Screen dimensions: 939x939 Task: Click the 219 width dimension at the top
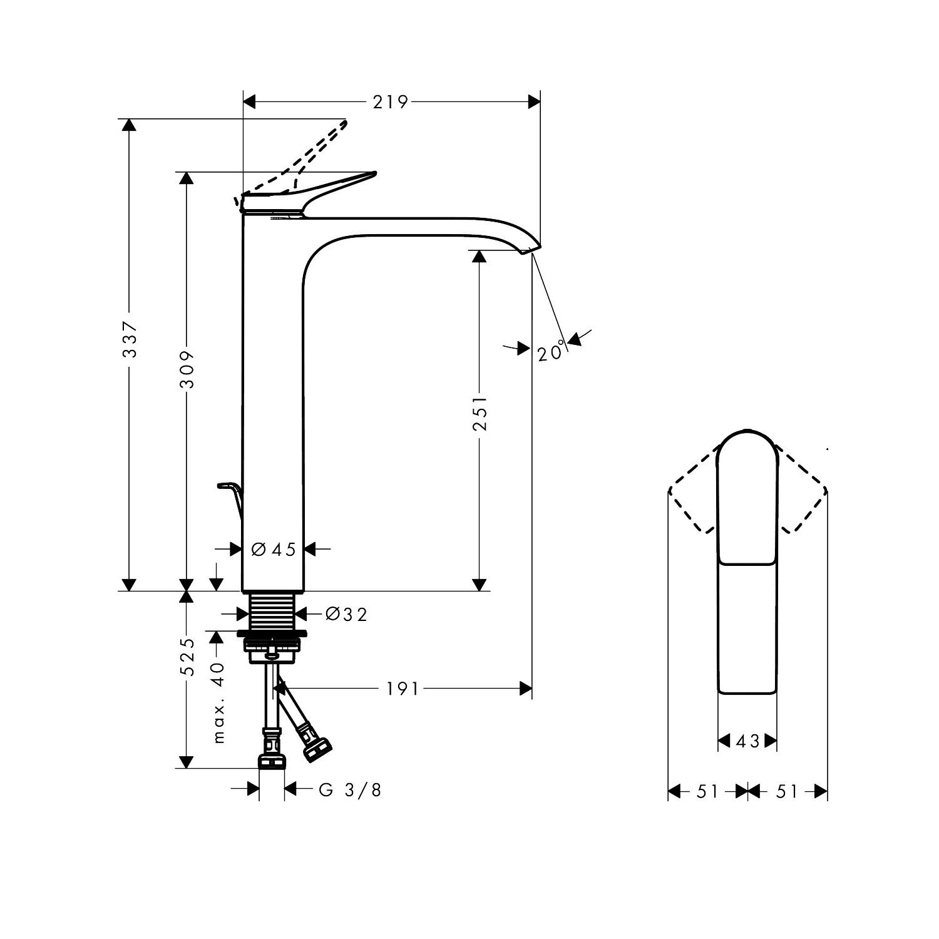[390, 101]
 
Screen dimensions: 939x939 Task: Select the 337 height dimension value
[130, 339]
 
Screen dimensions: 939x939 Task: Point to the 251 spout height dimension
[479, 413]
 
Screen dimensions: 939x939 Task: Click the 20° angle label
[552, 352]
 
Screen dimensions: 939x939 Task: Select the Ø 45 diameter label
[274, 549]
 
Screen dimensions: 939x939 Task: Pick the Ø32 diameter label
[346, 614]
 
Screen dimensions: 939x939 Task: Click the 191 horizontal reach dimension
[402, 689]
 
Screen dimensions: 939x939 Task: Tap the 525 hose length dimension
[187, 657]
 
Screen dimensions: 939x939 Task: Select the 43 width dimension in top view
[747, 741]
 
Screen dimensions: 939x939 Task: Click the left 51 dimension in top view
[707, 792]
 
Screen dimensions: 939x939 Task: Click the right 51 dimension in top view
[787, 792]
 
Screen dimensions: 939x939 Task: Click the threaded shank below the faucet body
[272, 610]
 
